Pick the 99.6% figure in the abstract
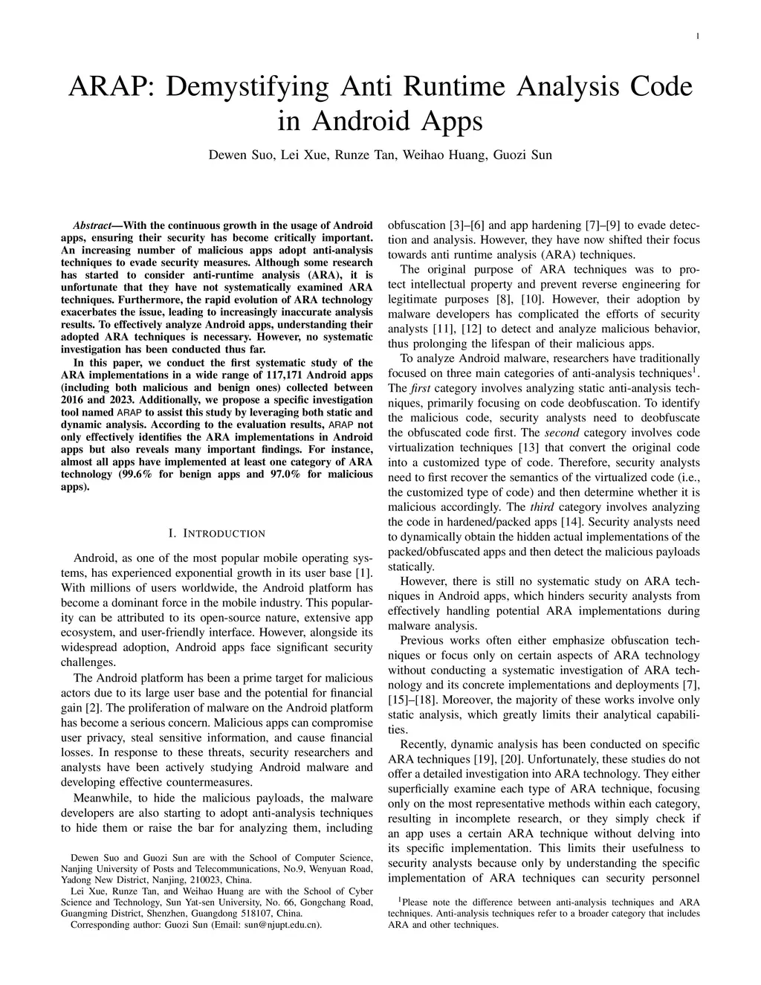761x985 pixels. tap(135, 474)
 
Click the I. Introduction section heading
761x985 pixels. tap(216, 533)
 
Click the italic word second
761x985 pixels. tap(562, 433)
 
